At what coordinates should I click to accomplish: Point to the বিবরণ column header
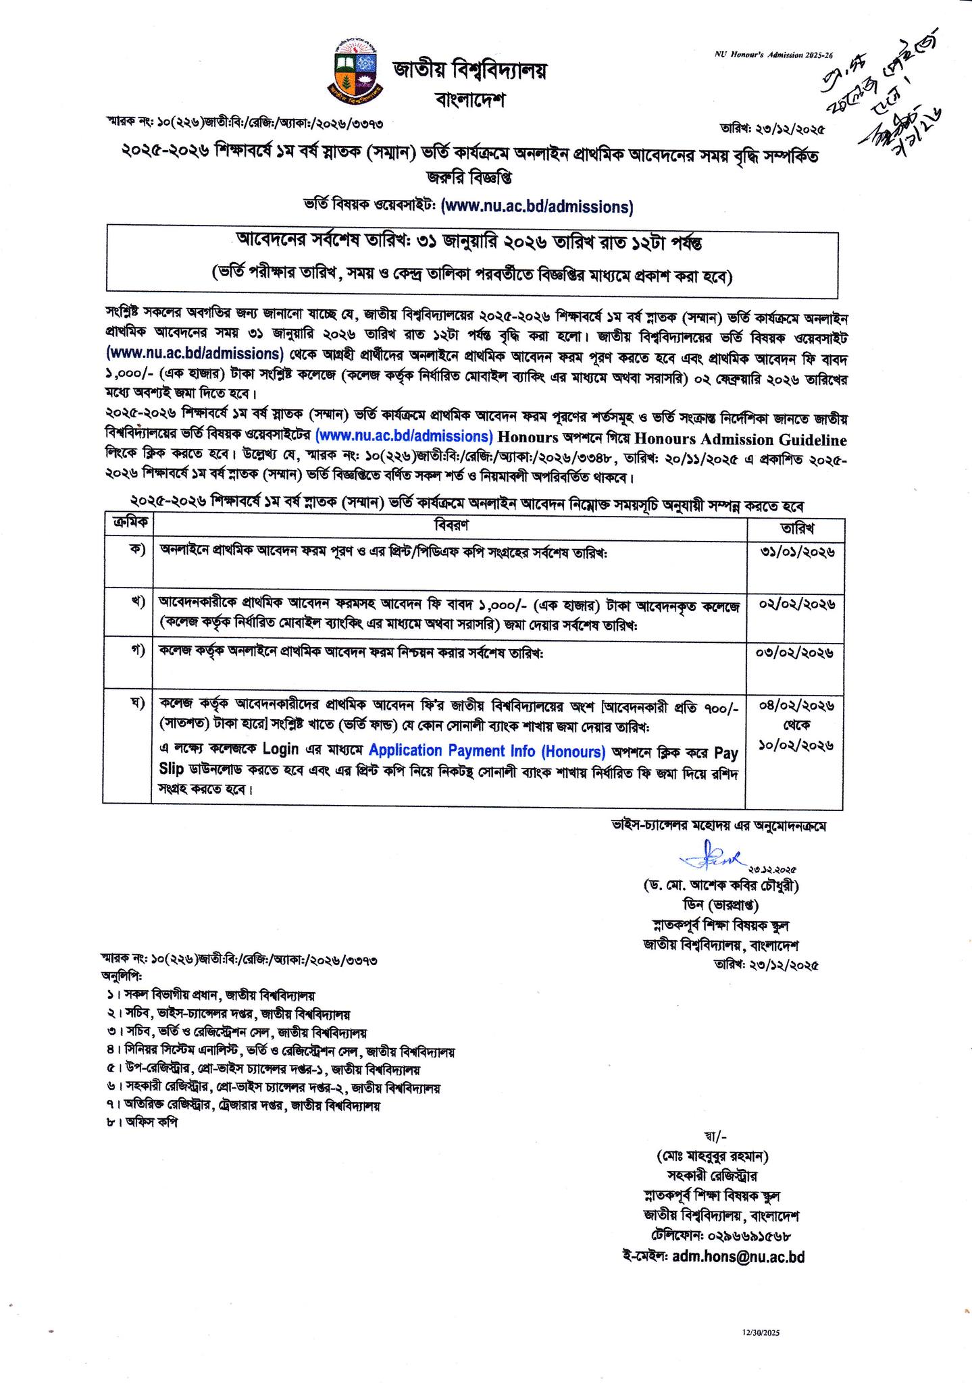tap(451, 525)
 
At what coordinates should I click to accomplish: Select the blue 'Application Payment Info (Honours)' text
tap(487, 750)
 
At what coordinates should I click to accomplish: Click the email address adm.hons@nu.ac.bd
tap(739, 1257)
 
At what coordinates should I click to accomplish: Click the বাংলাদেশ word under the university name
tap(471, 101)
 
